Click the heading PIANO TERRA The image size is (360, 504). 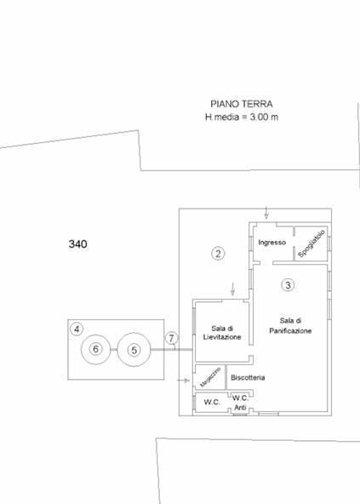(x=242, y=104)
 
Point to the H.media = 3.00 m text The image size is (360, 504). (x=242, y=117)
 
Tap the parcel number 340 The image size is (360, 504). (x=77, y=244)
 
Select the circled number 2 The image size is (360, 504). (x=218, y=254)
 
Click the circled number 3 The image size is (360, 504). (x=288, y=285)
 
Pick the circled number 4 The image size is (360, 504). (x=77, y=329)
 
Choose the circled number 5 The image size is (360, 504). (x=134, y=350)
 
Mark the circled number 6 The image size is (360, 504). (x=95, y=349)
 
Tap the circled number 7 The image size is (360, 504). (x=171, y=338)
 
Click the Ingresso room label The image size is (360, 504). (x=272, y=243)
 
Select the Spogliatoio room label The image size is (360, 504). (x=311, y=243)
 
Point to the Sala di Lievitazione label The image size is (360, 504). (x=222, y=333)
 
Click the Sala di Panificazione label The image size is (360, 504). (x=290, y=325)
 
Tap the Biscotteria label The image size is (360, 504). (x=248, y=377)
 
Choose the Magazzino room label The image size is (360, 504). (x=210, y=376)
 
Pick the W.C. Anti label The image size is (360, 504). (x=240, y=403)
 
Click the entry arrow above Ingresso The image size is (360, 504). (x=266, y=213)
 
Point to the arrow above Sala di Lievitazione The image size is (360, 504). (x=232, y=289)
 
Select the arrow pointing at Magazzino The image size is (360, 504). (x=184, y=381)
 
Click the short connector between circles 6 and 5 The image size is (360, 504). (x=114, y=349)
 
